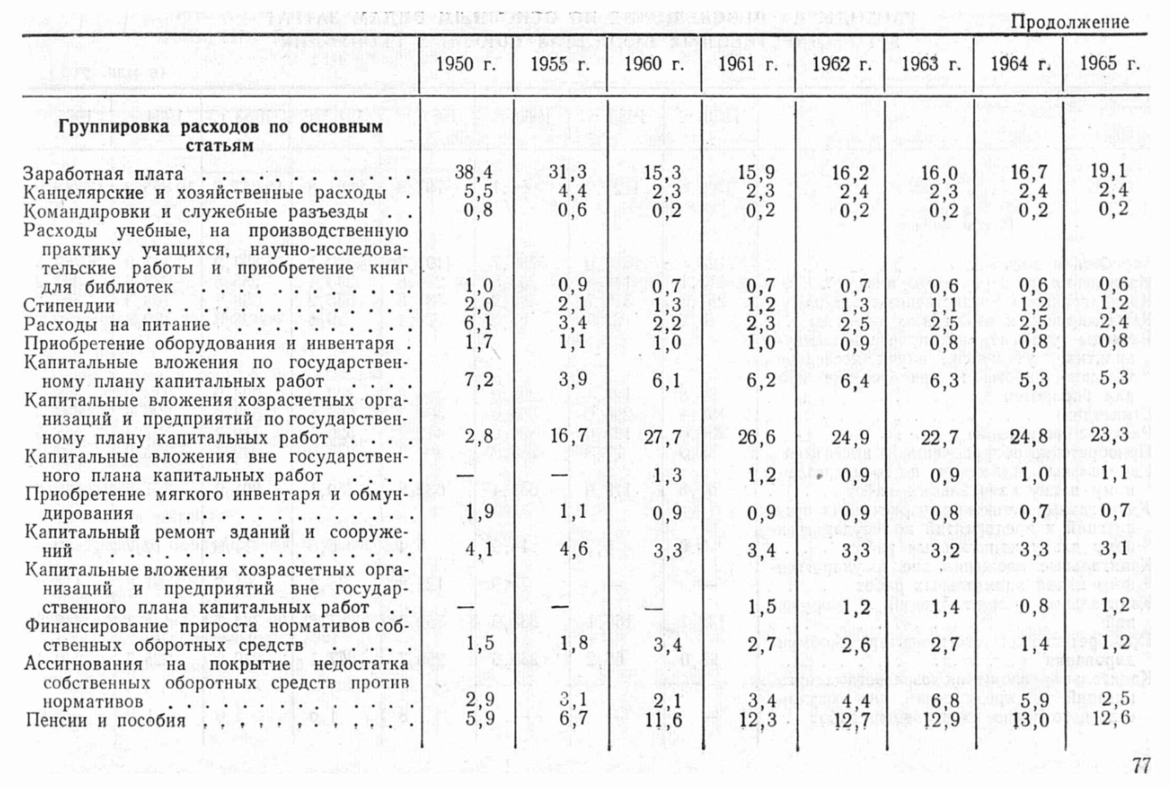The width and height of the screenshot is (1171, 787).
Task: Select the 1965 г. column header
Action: [1110, 63]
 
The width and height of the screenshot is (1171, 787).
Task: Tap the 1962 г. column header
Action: [841, 63]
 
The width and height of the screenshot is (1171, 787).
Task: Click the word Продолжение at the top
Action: [1070, 22]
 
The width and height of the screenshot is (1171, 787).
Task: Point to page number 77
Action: [1142, 765]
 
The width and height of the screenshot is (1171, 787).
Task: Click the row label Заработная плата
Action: [104, 174]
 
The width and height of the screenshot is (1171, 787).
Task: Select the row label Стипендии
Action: [69, 306]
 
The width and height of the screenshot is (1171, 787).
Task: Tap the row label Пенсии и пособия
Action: [104, 720]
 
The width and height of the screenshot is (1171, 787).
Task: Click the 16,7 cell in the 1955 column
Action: [568, 436]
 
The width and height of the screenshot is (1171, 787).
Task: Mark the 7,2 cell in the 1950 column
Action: [479, 380]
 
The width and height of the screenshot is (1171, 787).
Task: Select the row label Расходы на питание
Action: [117, 325]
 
